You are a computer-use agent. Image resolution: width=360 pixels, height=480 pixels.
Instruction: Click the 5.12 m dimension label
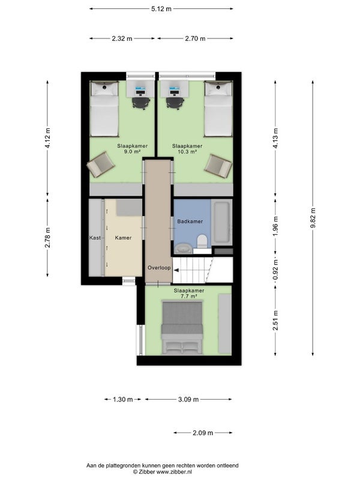[161, 9]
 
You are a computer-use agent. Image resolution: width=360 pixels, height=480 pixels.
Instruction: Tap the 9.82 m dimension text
[313, 218]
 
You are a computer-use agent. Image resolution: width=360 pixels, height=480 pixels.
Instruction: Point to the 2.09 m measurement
[203, 433]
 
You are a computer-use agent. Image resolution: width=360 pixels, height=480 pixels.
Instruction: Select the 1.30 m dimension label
[123, 400]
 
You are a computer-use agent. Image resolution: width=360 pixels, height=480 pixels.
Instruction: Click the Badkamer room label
[190, 221]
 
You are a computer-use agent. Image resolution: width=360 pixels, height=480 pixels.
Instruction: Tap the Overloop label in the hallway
[159, 268]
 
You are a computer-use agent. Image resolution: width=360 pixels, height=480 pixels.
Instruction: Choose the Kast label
[95, 238]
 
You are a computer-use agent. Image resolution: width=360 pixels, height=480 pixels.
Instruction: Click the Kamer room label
[123, 238]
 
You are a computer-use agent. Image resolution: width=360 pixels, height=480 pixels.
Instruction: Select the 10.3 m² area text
[187, 152]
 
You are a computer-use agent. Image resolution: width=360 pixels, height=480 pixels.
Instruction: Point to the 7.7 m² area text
[189, 296]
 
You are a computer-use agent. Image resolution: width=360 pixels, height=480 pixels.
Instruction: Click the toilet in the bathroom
[202, 241]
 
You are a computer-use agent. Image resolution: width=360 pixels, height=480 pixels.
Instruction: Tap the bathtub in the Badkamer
[222, 222]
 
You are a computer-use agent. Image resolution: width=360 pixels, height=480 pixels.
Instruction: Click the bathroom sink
[184, 248]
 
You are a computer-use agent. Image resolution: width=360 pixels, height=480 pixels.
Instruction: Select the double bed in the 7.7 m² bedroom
[182, 328]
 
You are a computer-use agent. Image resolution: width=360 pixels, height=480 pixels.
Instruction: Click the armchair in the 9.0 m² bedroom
[101, 164]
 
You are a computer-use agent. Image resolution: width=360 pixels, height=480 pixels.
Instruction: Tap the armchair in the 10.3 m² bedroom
[218, 166]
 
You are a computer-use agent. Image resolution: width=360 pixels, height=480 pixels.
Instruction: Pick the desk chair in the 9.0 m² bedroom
[141, 103]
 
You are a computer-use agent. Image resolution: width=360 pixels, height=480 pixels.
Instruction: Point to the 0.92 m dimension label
[275, 271]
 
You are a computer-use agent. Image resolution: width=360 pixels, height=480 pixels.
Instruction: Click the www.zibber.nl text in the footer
[175, 472]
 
